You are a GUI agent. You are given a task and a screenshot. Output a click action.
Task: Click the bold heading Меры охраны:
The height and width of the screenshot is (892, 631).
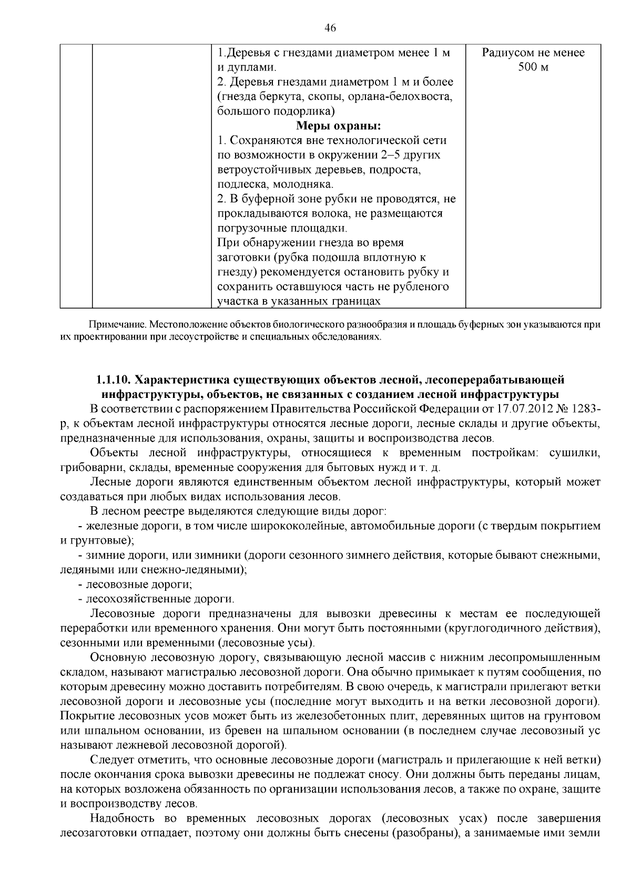coord(339,126)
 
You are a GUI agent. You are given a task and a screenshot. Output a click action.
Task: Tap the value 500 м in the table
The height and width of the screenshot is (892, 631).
coord(533,68)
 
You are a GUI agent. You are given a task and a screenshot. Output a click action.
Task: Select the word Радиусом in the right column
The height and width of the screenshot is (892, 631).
coord(505,53)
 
